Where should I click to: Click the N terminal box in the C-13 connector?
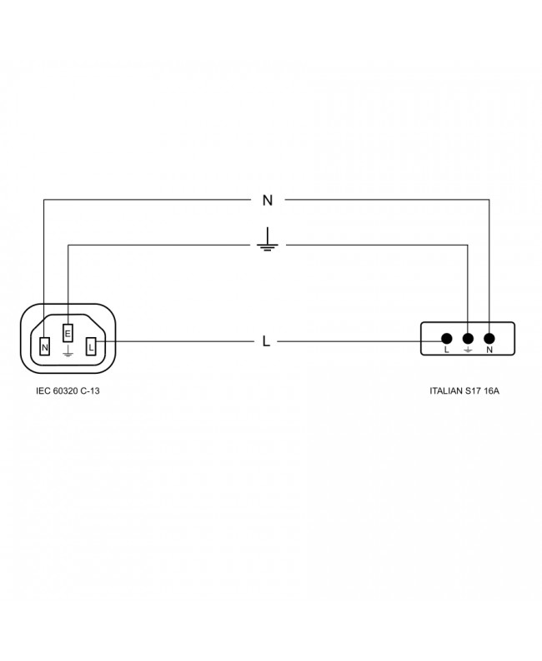pyautogui.click(x=44, y=346)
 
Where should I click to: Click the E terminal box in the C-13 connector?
pyautogui.click(x=68, y=333)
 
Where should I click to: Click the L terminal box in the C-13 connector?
pyautogui.click(x=91, y=346)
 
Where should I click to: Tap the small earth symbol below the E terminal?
pyautogui.click(x=68, y=351)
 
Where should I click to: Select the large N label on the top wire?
pyautogui.click(x=268, y=201)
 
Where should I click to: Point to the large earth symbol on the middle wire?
pyautogui.click(x=267, y=240)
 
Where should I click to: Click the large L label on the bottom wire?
pyautogui.click(x=266, y=341)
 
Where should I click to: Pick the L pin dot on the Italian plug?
pyautogui.click(x=447, y=339)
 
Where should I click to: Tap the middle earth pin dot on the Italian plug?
pyautogui.click(x=468, y=339)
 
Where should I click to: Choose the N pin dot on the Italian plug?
pyautogui.click(x=489, y=339)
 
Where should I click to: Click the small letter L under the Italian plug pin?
pyautogui.click(x=447, y=350)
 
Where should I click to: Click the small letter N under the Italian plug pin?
pyautogui.click(x=489, y=350)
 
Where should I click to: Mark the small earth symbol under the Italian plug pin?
pyautogui.click(x=468, y=350)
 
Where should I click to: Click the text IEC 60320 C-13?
pyautogui.click(x=68, y=390)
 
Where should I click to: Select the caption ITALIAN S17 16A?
pyautogui.click(x=464, y=390)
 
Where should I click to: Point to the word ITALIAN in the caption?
pyautogui.click(x=446, y=390)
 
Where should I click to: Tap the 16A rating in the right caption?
pyautogui.click(x=491, y=390)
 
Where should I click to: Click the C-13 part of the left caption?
pyautogui.click(x=90, y=390)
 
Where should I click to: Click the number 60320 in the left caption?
pyautogui.click(x=65, y=390)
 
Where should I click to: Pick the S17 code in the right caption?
pyautogui.click(x=473, y=390)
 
